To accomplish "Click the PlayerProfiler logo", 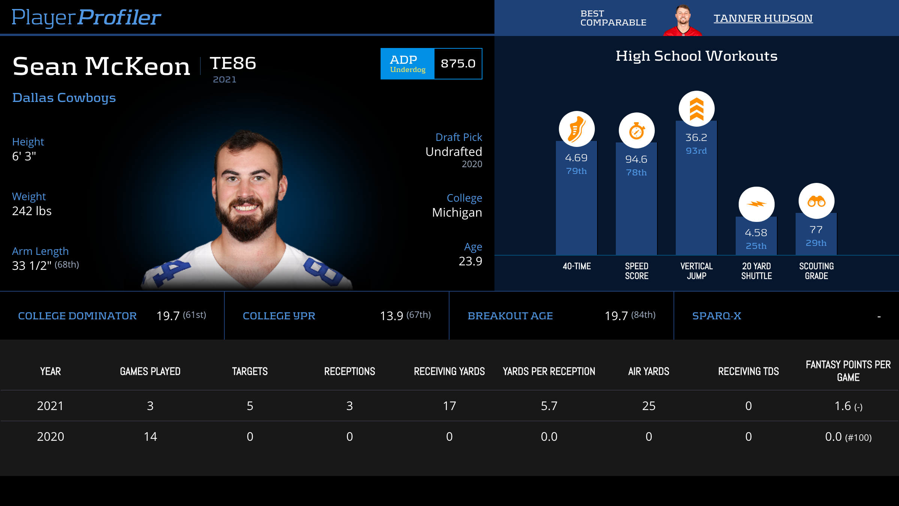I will point(86,17).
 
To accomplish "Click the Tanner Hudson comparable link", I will point(763,18).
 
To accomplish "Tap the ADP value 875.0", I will point(458,64).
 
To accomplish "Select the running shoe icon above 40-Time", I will point(576,129).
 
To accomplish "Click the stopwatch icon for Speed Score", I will point(636,131).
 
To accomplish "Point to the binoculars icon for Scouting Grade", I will point(816,201).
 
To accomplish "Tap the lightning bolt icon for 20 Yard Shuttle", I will point(756,204).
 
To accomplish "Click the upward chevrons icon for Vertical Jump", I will point(696,109).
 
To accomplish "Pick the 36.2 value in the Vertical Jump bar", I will point(696,138).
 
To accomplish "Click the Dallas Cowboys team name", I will point(64,98).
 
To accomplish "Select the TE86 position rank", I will point(233,63).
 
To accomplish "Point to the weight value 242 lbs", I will point(32,211).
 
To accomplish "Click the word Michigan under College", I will point(457,213).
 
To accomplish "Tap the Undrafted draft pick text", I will point(454,152).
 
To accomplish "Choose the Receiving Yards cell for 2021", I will point(449,406).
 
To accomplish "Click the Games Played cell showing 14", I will point(150,437).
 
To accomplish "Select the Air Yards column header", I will point(648,371).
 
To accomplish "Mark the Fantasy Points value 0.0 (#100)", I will point(848,437).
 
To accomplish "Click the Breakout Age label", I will point(510,316).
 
